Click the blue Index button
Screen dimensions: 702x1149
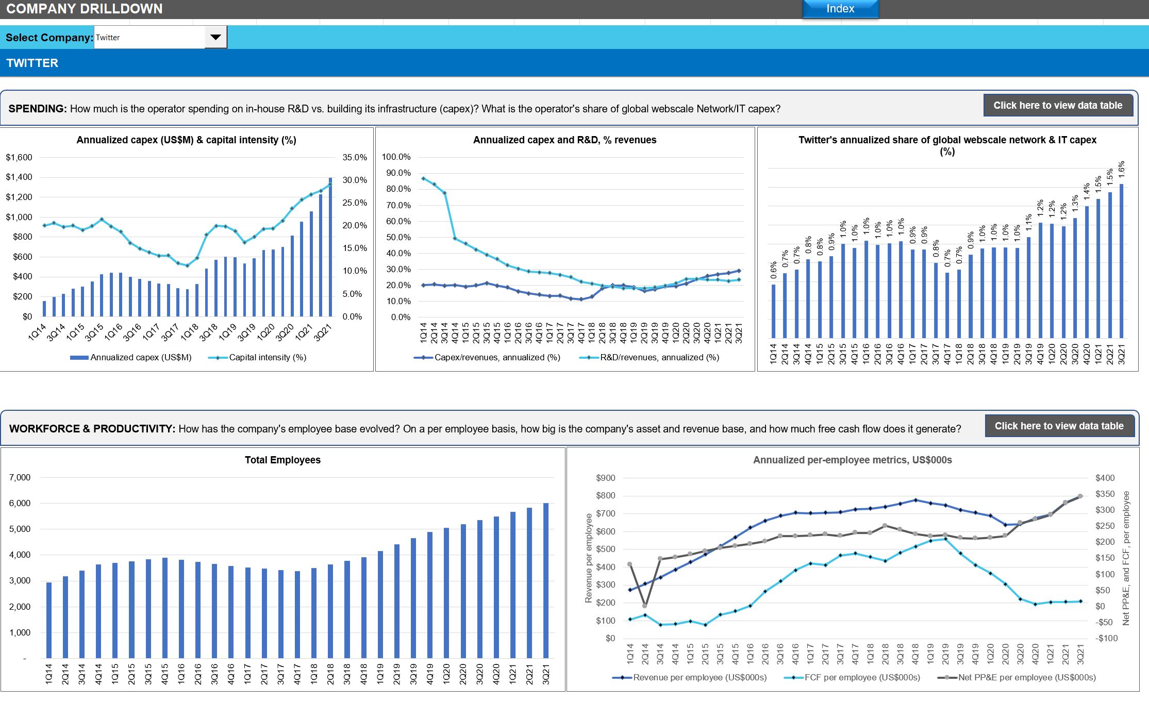pos(840,9)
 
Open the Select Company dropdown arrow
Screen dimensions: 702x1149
pos(215,37)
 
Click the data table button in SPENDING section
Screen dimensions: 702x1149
pos(1058,106)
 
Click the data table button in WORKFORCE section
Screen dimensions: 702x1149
pos(1059,426)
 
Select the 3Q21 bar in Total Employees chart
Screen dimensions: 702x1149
pos(546,580)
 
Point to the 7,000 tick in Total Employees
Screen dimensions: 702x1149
pos(20,477)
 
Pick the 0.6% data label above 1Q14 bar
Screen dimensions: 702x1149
pos(773,270)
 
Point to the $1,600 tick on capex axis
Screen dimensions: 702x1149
pos(19,157)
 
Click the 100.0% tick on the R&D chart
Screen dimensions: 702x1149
pos(396,157)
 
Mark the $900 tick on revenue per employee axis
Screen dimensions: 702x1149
pos(606,478)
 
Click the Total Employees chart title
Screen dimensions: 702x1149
pos(282,460)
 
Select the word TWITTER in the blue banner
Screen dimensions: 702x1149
pos(32,63)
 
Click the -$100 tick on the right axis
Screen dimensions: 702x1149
pos(1107,638)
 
